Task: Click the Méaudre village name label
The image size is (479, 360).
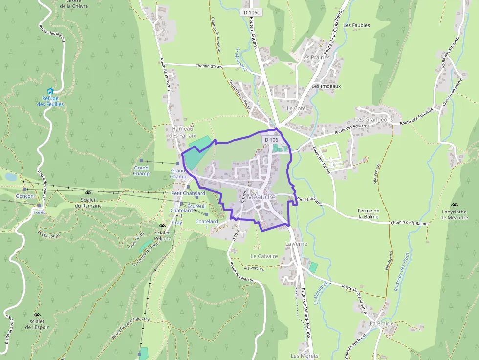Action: coord(261,197)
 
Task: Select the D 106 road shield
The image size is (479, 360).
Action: coord(271,140)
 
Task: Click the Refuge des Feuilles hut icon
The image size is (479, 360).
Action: coord(50,91)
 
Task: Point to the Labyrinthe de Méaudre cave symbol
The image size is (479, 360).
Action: coord(455,206)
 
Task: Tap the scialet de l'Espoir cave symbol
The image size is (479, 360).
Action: coord(37,315)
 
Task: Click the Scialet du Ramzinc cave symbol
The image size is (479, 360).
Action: coord(87,193)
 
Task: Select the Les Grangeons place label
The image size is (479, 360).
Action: coord(374,119)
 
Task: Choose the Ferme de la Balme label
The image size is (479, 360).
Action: coord(369,213)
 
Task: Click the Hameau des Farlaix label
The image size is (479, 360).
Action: coord(184,132)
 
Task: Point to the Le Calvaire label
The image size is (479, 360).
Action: coord(264,256)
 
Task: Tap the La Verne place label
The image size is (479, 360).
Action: coord(295,243)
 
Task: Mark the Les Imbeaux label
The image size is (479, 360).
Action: coord(326,86)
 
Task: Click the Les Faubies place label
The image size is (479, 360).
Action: coord(357,25)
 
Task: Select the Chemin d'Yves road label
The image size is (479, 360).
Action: coord(209,66)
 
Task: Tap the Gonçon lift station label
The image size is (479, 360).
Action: coord(24,196)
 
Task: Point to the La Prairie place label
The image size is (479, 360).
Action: coord(382,323)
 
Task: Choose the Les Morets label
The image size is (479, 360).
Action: coord(305,356)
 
